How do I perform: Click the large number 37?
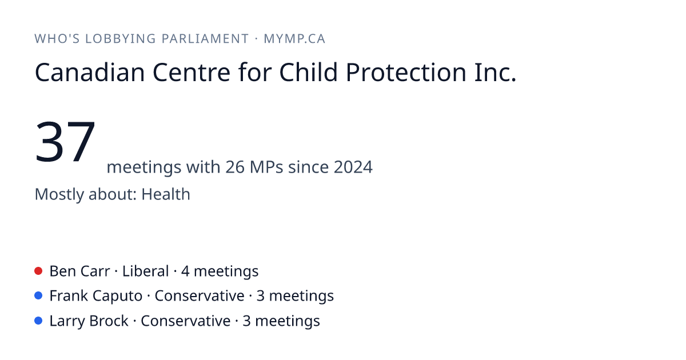pyautogui.click(x=65, y=142)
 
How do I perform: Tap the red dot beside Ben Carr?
pyautogui.click(x=38, y=271)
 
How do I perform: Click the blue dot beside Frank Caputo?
pyautogui.click(x=38, y=296)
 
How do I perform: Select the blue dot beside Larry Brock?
pyautogui.click(x=38, y=321)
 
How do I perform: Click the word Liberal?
pyautogui.click(x=145, y=271)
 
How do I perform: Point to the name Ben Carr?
pyautogui.click(x=79, y=271)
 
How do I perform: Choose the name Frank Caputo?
pyautogui.click(x=96, y=297)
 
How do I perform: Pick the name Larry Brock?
pyautogui.click(x=89, y=321)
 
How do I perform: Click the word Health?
pyautogui.click(x=166, y=194)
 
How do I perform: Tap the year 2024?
pyautogui.click(x=353, y=167)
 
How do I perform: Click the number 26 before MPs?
pyautogui.click(x=235, y=167)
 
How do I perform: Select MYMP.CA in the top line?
pyautogui.click(x=294, y=39)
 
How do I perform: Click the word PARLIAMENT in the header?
pyautogui.click(x=205, y=39)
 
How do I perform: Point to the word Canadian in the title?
pyautogui.click(x=90, y=72)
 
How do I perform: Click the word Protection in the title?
pyautogui.click(x=406, y=72)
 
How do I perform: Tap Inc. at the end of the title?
pyautogui.click(x=495, y=72)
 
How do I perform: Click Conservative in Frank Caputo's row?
pyautogui.click(x=200, y=296)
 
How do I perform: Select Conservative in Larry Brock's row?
pyautogui.click(x=186, y=321)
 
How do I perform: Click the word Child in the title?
pyautogui.click(x=308, y=72)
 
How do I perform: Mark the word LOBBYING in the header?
pyautogui.click(x=121, y=39)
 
